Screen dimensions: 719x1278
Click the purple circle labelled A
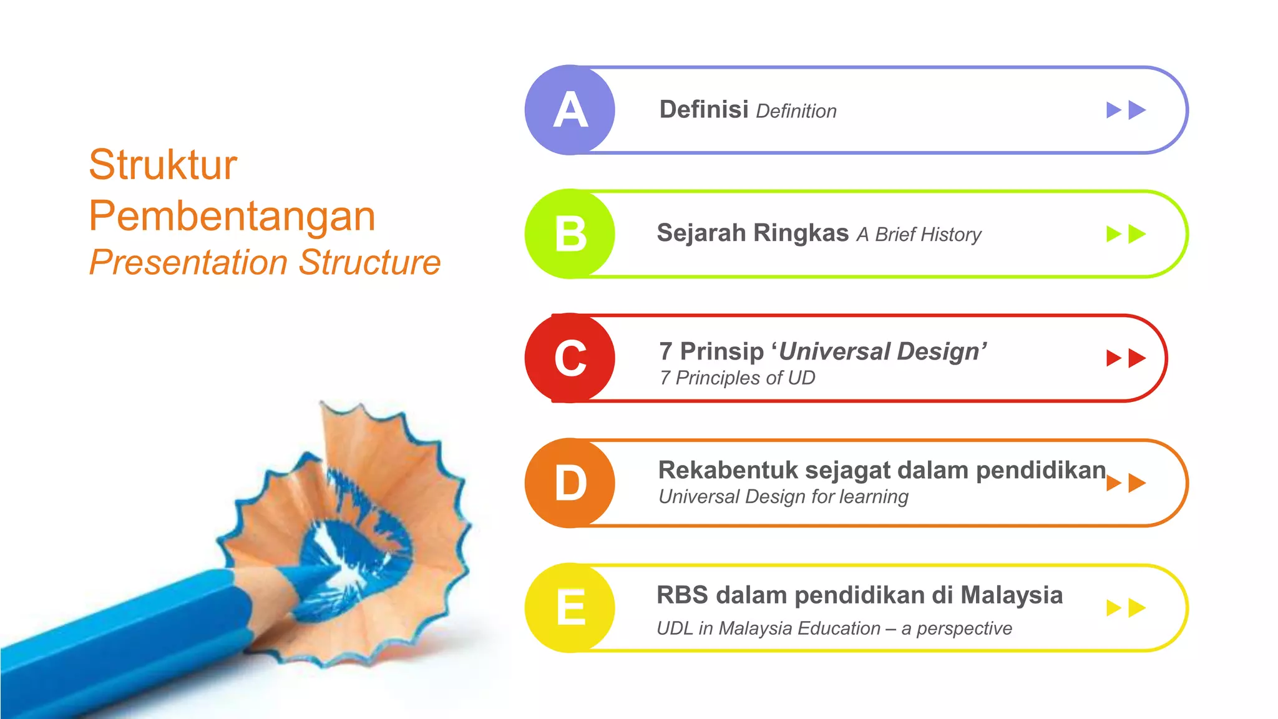point(570,110)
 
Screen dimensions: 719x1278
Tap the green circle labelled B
point(570,234)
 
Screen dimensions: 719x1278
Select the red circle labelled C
point(570,358)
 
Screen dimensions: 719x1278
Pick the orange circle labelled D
point(570,483)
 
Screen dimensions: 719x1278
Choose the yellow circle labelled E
point(570,608)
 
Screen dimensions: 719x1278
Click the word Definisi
point(704,110)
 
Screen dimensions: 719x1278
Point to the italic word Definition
point(796,112)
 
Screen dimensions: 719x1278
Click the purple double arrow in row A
point(1126,110)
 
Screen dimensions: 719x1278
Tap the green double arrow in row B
point(1126,234)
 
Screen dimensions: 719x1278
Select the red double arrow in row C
point(1126,358)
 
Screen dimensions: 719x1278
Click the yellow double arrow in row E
point(1126,608)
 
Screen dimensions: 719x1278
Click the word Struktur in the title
point(163,165)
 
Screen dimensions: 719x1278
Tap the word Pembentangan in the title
point(232,216)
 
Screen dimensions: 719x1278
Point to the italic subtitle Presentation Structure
point(265,262)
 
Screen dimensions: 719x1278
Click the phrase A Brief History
point(919,235)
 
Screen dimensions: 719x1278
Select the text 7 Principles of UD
point(737,378)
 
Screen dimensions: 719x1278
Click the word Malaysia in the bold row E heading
point(1012,595)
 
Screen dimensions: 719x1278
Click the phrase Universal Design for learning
point(783,497)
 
